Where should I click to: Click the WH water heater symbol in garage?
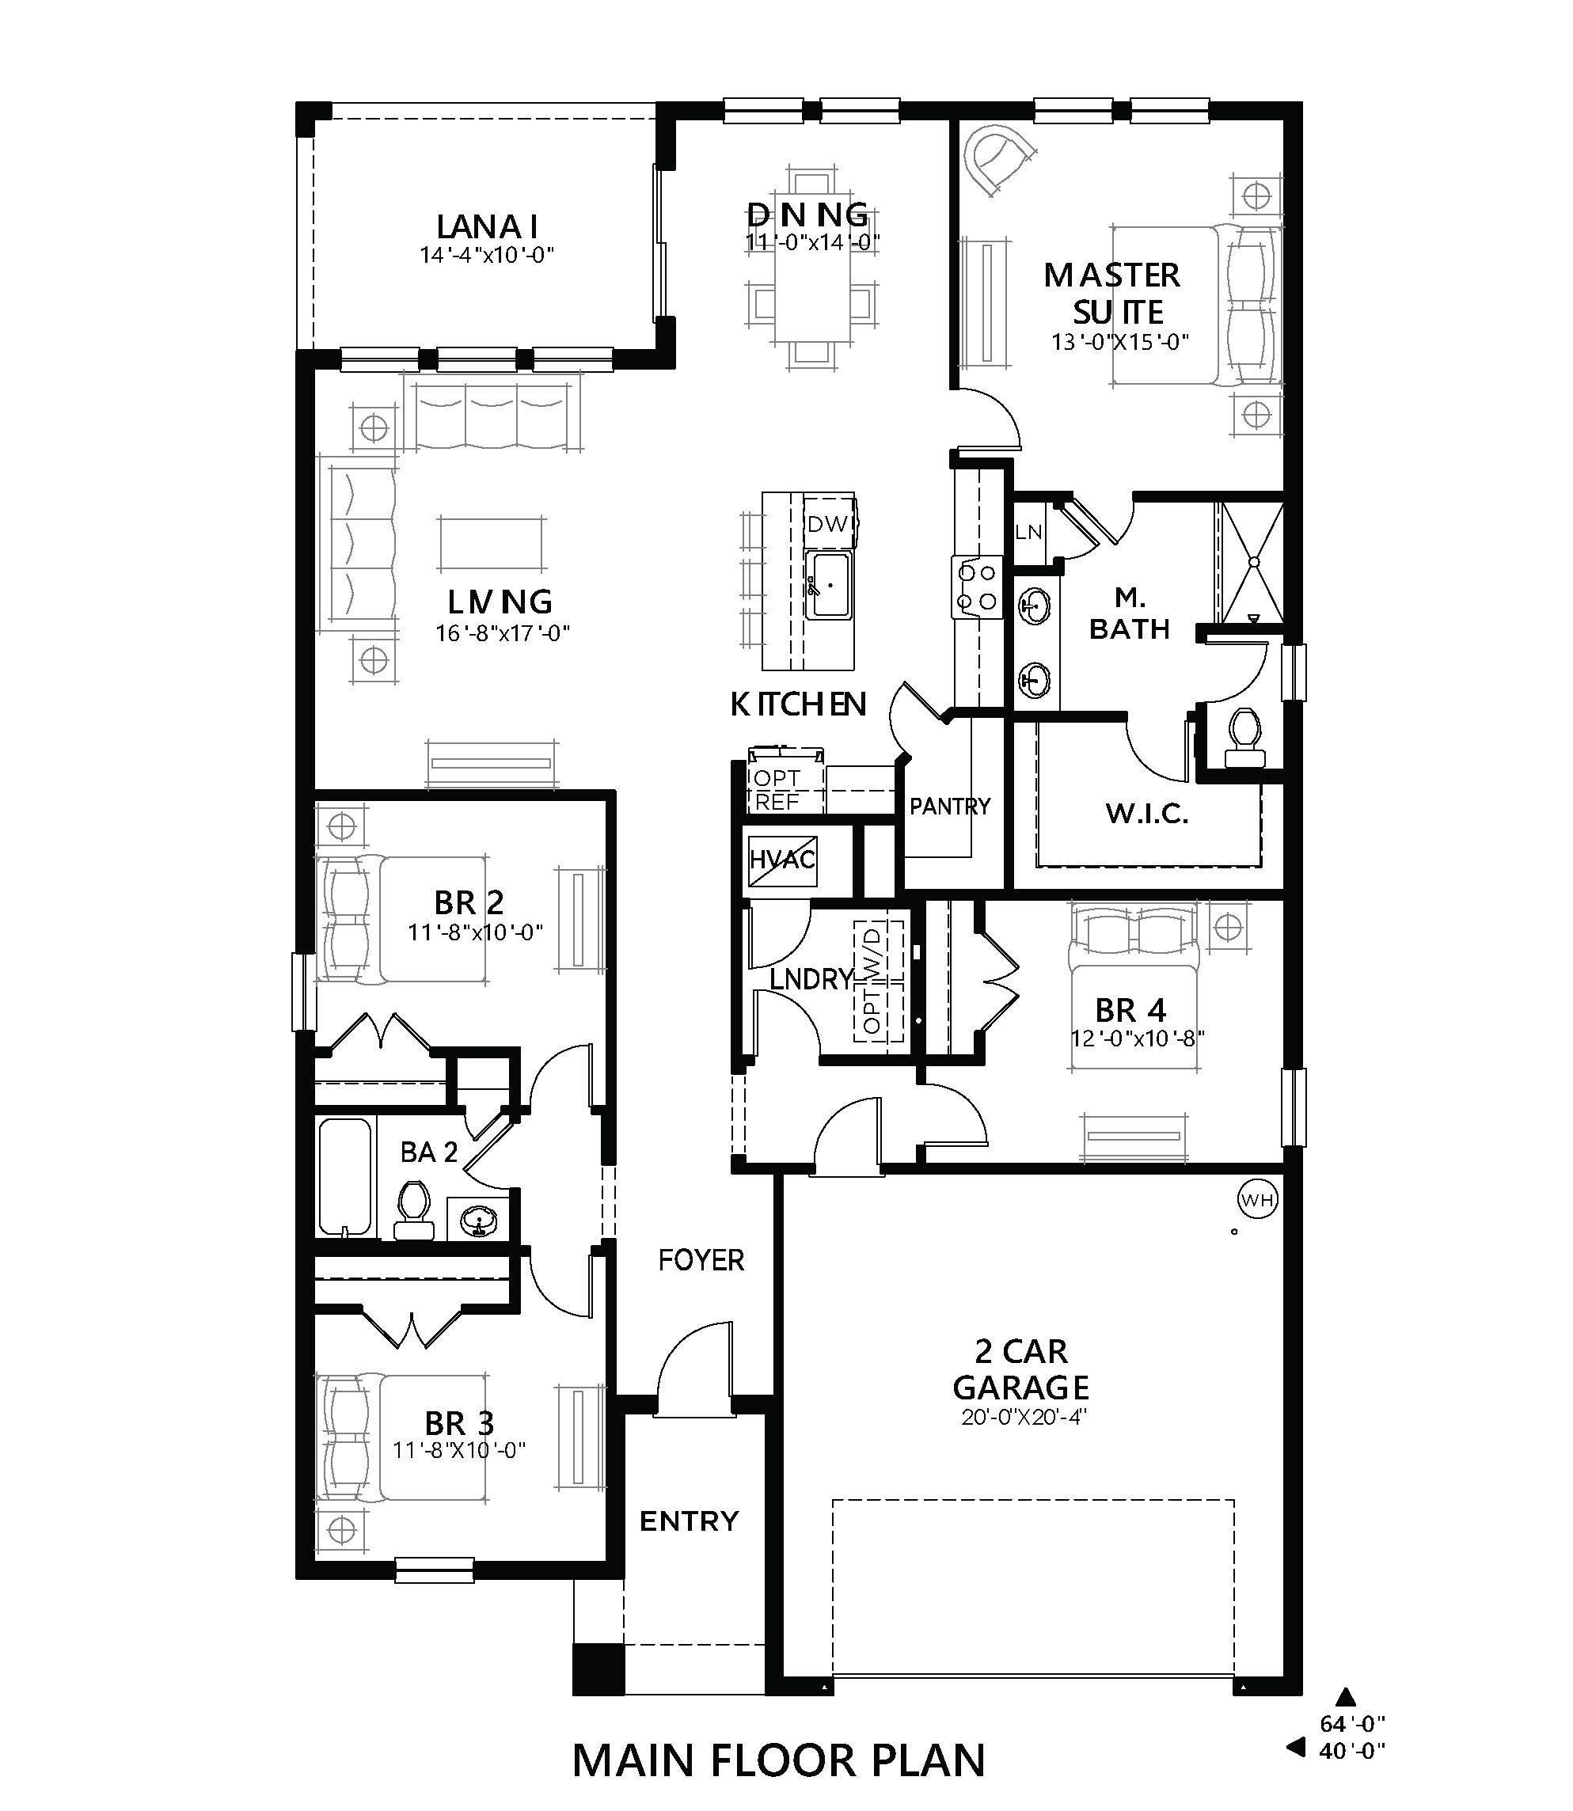[1257, 1199]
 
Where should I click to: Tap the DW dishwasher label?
[828, 524]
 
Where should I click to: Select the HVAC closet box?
[781, 859]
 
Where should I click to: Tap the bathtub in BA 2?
[344, 1177]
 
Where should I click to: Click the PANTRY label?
[949, 806]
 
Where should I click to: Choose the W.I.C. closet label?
[1146, 814]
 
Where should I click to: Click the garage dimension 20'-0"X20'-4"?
[1024, 1441]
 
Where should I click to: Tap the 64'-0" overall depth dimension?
[1352, 1723]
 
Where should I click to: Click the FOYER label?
[701, 1260]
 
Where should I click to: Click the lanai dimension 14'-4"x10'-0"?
[487, 256]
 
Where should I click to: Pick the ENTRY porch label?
[688, 1521]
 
